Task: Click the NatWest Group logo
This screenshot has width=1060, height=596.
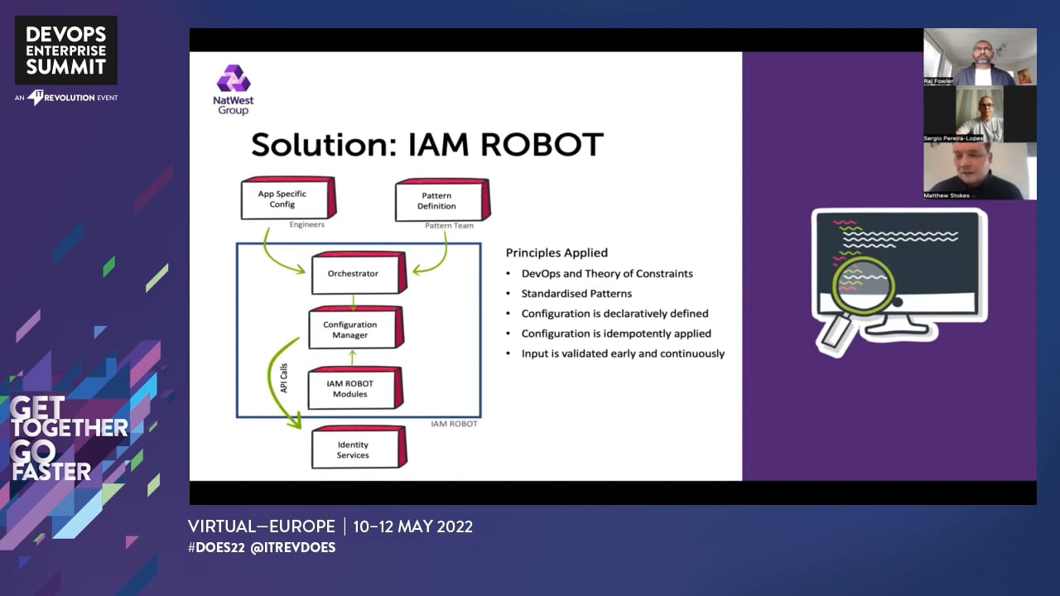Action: tap(234, 89)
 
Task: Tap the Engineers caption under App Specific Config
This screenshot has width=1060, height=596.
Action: tap(306, 224)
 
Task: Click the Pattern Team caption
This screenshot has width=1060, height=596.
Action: tap(448, 225)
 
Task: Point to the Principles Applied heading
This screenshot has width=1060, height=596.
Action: tap(556, 252)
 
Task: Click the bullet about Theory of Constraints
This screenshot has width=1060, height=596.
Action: tap(607, 273)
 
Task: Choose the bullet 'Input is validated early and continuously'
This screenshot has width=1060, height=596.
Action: tap(623, 353)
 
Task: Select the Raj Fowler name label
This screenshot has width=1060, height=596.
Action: tap(938, 81)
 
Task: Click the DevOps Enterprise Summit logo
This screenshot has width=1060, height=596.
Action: tap(66, 50)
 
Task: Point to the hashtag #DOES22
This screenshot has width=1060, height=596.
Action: tap(216, 547)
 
